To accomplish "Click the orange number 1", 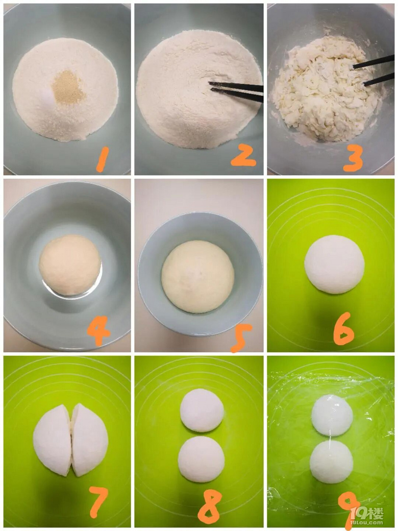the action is [x=102, y=159].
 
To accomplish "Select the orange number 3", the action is [x=353, y=158].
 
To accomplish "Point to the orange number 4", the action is [x=98, y=330].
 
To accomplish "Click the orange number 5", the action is [x=241, y=337].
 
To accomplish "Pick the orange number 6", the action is [x=343, y=328].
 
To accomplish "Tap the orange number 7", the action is [x=98, y=501].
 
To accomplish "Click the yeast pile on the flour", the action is [x=69, y=87].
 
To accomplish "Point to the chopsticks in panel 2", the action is [x=236, y=91].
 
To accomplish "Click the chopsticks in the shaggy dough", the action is [x=374, y=70].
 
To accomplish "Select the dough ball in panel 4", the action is [x=70, y=265].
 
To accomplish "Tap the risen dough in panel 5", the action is [x=197, y=276].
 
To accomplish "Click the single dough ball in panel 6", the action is [x=334, y=264].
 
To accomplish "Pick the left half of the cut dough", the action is [x=53, y=440].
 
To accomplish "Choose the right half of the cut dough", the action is [x=89, y=440].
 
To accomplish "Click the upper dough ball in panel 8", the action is [x=202, y=410].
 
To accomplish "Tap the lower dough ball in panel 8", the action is [x=202, y=459].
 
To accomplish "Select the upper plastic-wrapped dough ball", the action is [x=332, y=415].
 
